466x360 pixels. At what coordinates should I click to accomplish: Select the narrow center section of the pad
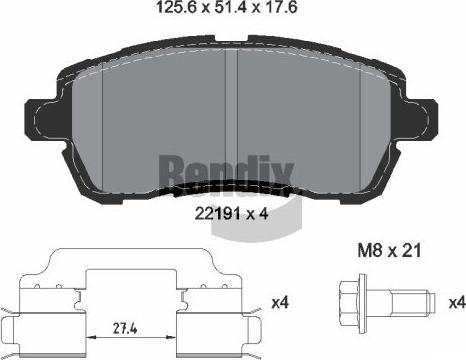(232, 110)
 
